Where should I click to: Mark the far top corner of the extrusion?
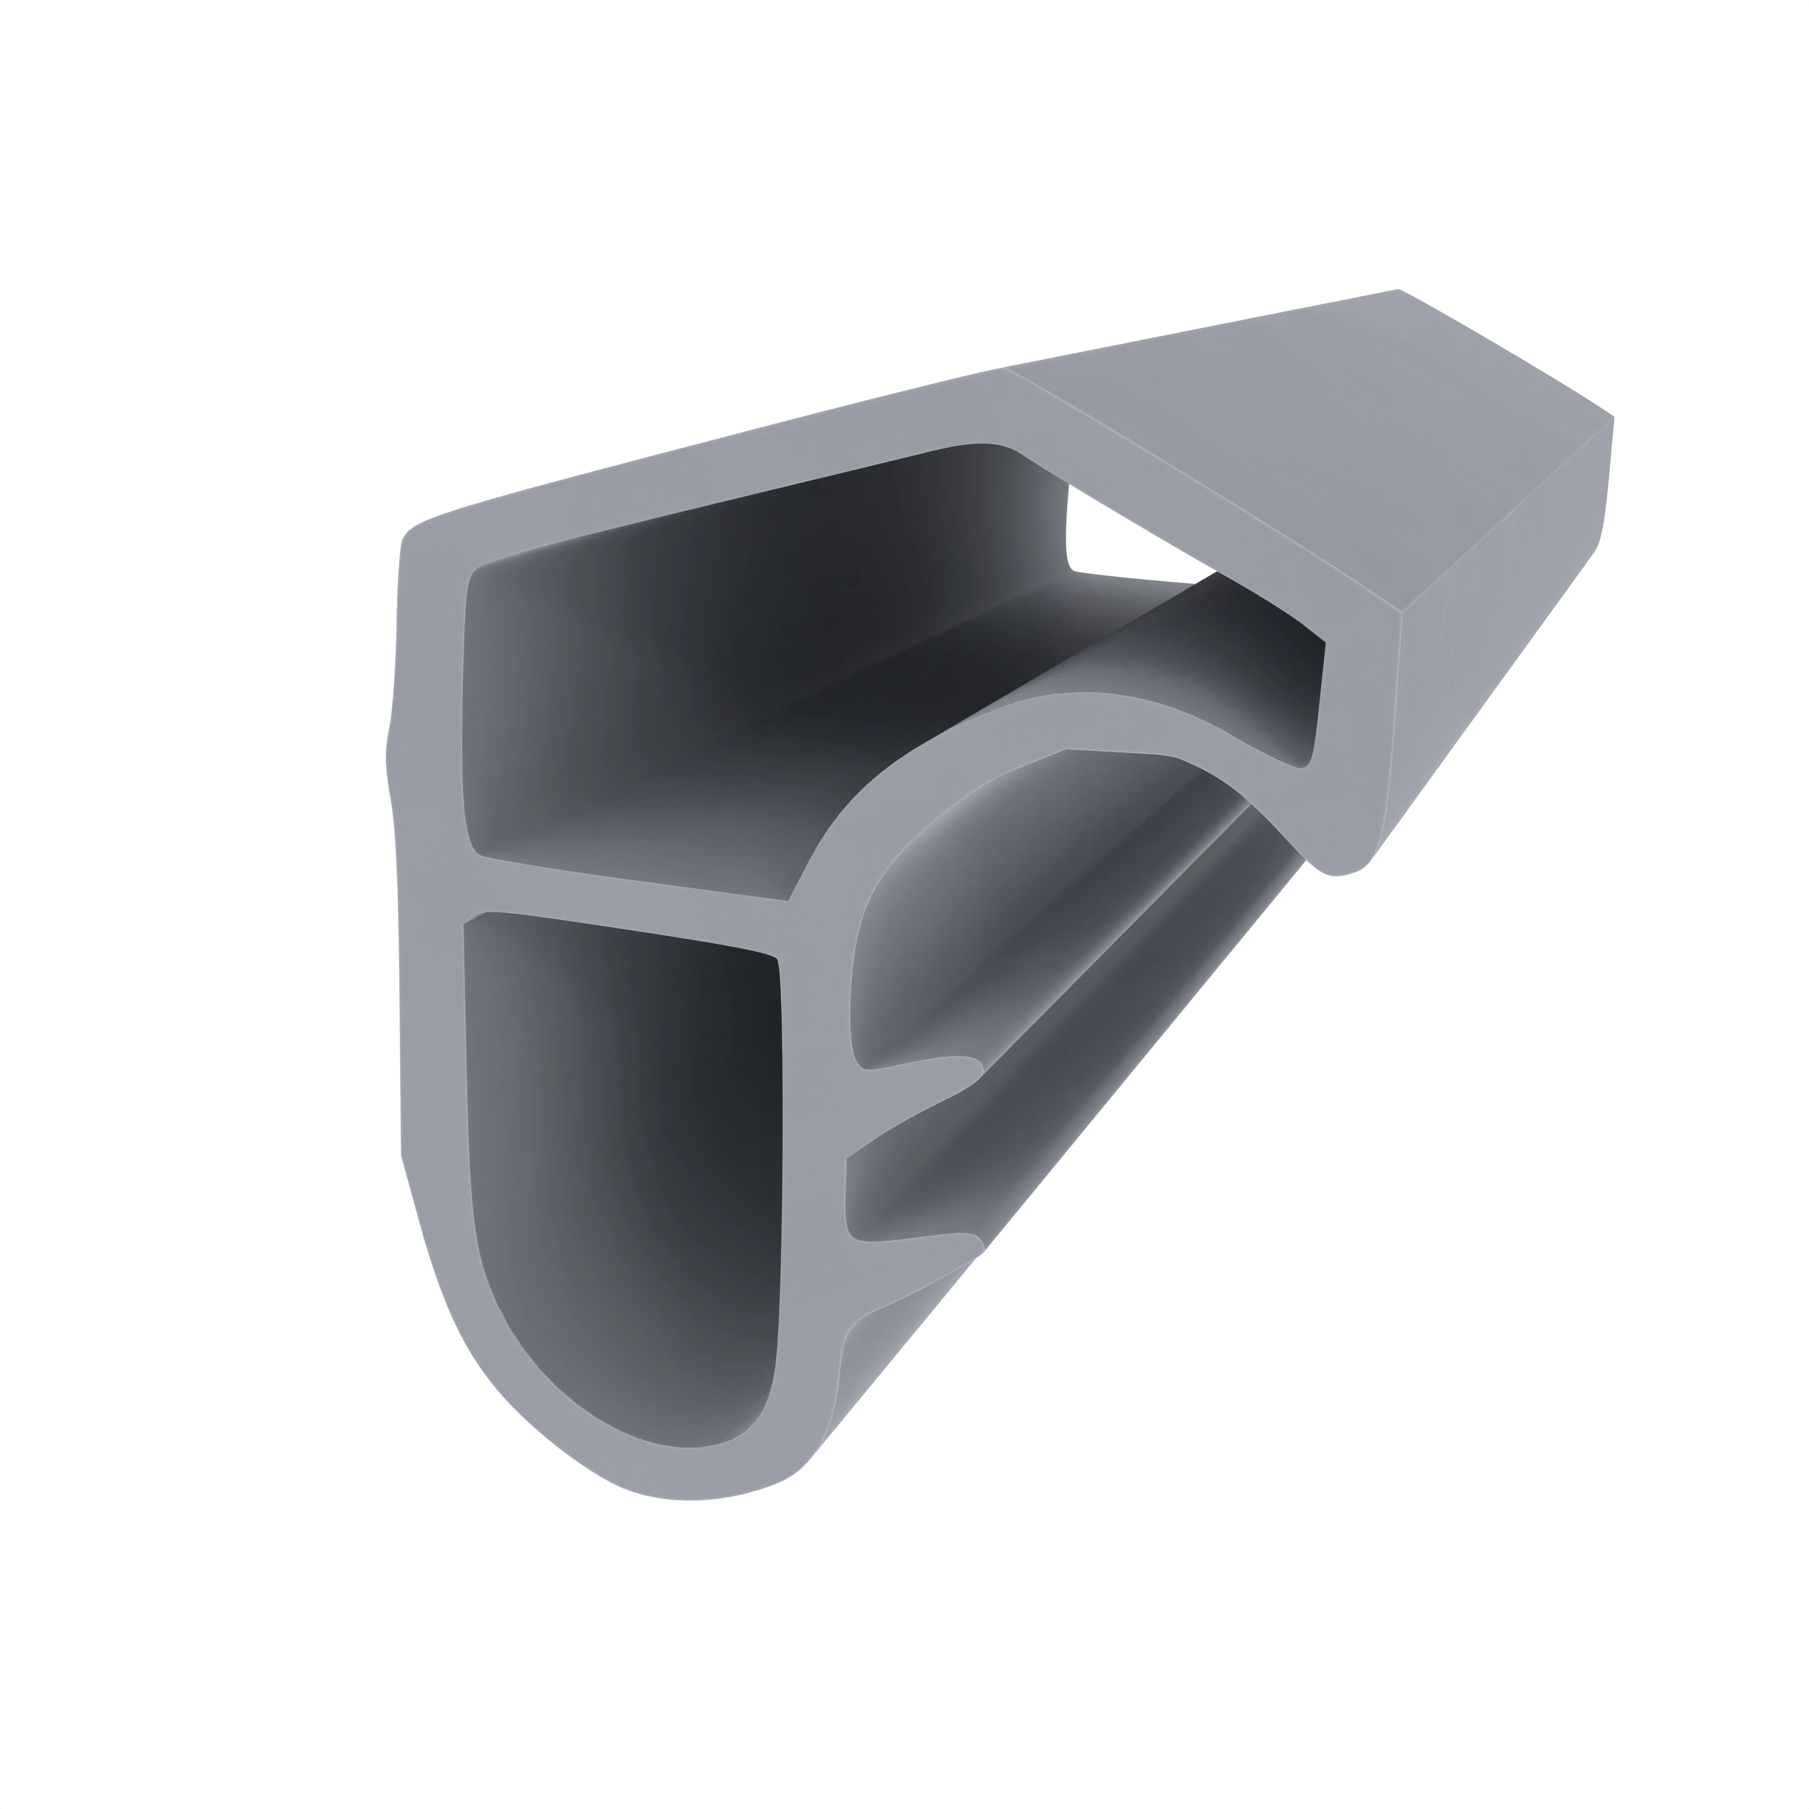tap(1398, 290)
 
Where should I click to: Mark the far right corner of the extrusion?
tap(1612, 417)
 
